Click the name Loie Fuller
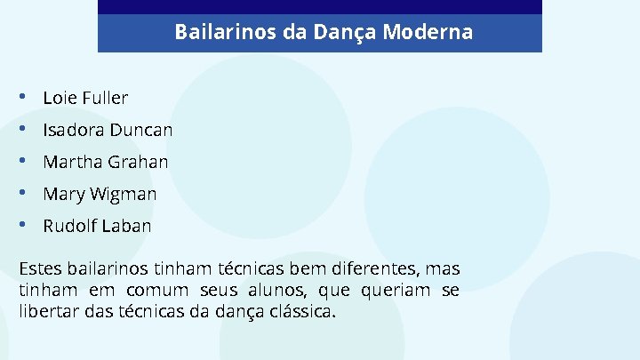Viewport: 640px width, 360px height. [85, 98]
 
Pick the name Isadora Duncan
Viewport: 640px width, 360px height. [108, 130]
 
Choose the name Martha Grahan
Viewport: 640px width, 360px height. [105, 162]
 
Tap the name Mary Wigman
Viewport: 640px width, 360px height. [100, 194]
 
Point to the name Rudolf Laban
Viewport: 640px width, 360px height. [97, 226]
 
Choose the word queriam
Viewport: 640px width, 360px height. [396, 291]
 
